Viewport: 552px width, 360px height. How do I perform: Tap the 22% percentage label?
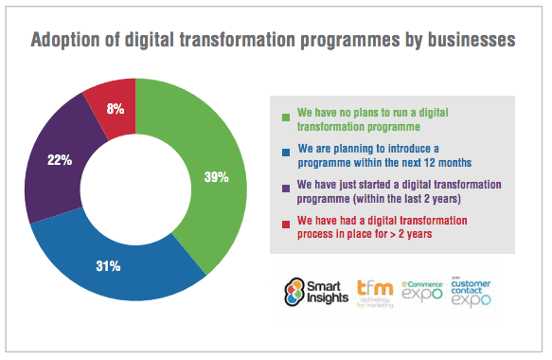coord(59,159)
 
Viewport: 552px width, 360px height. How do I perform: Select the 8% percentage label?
coord(116,107)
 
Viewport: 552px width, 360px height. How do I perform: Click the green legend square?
coord(285,117)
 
